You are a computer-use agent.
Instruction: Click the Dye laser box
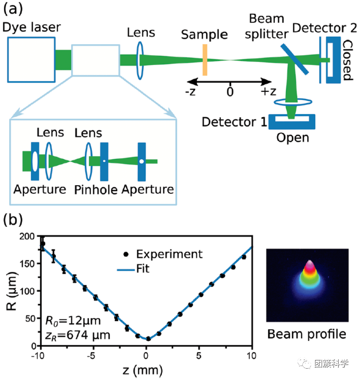31,59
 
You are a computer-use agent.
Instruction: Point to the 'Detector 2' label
324,29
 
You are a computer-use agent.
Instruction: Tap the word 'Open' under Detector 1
292,138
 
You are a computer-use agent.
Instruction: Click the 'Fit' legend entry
143,268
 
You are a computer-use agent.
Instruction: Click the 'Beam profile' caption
307,334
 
